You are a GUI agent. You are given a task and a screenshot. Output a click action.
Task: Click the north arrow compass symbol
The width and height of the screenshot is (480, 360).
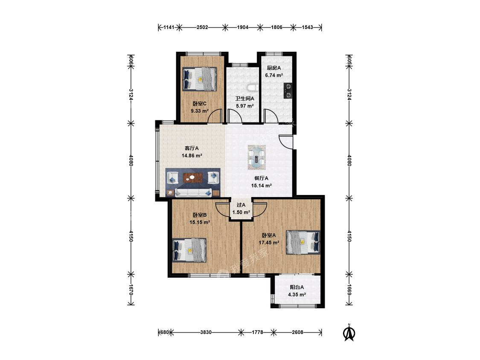349,332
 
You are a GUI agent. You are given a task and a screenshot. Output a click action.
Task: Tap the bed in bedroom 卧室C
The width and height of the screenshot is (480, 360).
200,79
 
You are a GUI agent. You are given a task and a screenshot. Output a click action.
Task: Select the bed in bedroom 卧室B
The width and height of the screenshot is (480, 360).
189,250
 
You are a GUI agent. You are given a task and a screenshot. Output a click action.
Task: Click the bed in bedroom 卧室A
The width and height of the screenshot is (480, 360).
303,242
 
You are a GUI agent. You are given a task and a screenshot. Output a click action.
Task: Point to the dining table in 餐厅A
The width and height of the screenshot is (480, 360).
256,157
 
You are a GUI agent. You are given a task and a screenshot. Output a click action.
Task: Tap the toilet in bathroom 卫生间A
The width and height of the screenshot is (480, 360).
253,88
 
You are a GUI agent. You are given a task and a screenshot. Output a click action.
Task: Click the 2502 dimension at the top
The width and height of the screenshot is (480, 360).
202,27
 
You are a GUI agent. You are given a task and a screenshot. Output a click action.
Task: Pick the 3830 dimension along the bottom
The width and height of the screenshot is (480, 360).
206,332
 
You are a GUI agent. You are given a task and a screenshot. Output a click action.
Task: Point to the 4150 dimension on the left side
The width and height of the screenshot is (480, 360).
131,236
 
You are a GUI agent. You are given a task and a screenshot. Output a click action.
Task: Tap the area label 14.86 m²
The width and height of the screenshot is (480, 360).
192,156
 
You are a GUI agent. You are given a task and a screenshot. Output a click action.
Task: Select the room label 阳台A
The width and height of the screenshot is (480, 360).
297,287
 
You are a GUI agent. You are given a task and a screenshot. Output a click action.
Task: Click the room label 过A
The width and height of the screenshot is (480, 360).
241,205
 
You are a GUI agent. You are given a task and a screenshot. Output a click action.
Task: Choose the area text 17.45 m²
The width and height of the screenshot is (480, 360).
269,243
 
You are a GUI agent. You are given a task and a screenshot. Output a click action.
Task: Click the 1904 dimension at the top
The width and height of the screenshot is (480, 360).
242,27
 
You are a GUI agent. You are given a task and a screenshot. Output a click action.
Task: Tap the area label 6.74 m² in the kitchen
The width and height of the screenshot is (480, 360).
273,75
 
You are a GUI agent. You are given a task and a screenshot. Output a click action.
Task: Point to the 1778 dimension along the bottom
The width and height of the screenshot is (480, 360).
257,332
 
